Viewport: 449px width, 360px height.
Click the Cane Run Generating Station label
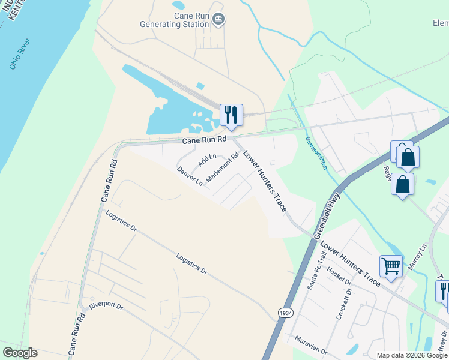coord(173,20)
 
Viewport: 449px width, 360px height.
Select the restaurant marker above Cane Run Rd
coord(231,114)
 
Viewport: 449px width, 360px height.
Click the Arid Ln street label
coord(207,161)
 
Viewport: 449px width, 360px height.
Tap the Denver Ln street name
coord(190,176)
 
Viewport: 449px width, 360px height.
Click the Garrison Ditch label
coord(315,153)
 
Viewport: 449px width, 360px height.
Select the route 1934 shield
coord(286,313)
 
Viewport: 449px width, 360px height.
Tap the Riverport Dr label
coord(106,305)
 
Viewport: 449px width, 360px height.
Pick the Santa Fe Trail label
coord(316,271)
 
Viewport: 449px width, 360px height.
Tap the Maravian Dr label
coord(311,344)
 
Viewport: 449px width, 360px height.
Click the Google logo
coord(20,353)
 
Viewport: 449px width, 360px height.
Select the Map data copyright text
coord(412,355)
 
